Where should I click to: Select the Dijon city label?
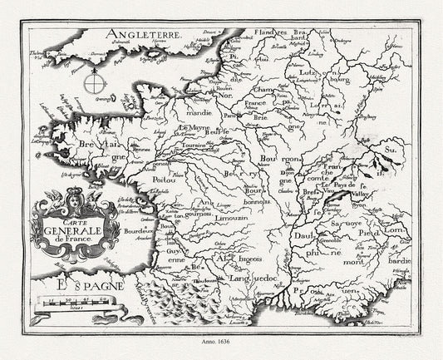click(286, 172)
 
